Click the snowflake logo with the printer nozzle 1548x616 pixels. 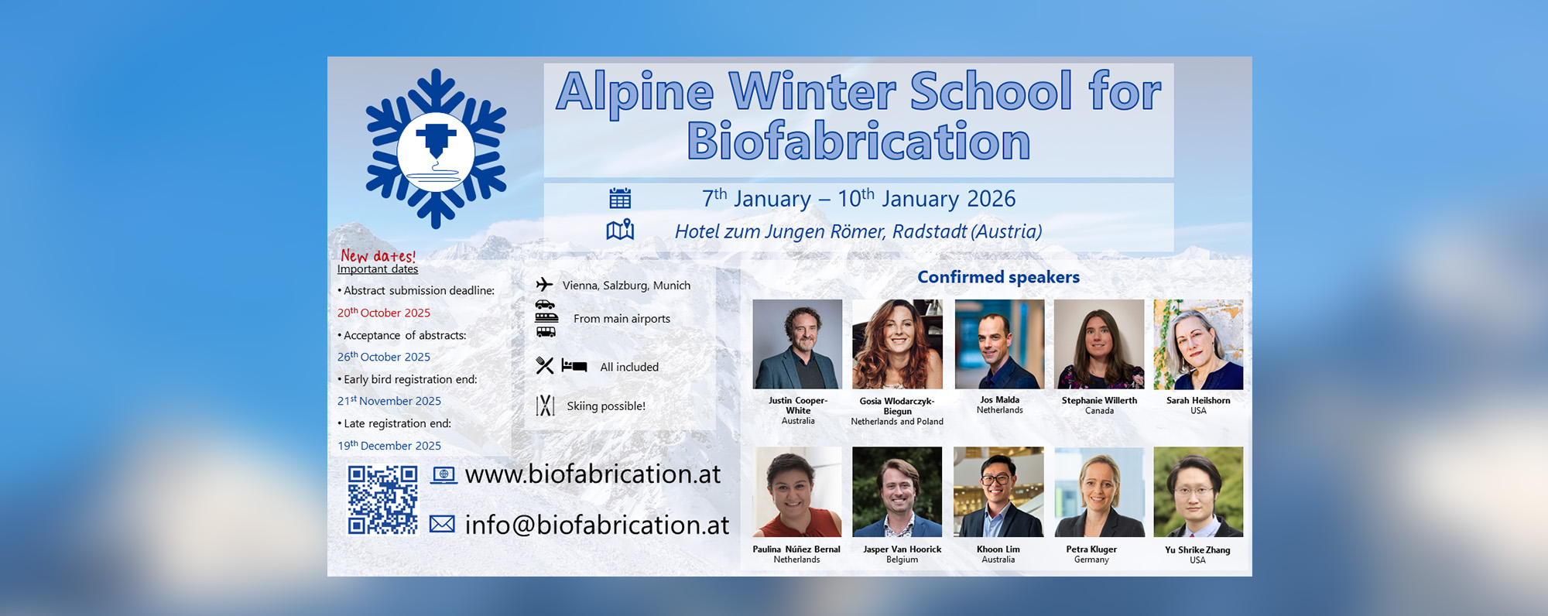(436, 149)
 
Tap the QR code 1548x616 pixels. (382, 500)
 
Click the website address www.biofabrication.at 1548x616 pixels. (593, 474)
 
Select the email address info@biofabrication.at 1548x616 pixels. (597, 525)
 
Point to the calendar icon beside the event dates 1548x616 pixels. (620, 198)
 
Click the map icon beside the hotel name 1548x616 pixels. (620, 230)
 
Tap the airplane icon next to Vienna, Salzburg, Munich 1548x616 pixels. (544, 285)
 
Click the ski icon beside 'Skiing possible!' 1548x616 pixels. (545, 406)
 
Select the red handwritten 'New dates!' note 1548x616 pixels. (378, 255)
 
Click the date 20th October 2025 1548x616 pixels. (384, 313)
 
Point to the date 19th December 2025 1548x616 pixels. (389, 446)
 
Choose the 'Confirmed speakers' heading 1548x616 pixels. (998, 277)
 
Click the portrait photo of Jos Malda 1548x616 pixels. (999, 344)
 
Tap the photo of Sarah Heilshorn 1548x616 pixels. (1198, 344)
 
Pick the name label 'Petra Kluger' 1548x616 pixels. (1091, 549)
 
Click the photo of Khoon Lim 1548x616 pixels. (998, 492)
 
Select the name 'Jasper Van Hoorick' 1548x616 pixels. (902, 549)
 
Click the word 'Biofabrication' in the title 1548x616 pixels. (859, 141)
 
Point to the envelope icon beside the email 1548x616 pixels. (442, 524)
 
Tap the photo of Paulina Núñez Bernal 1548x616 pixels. (797, 492)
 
